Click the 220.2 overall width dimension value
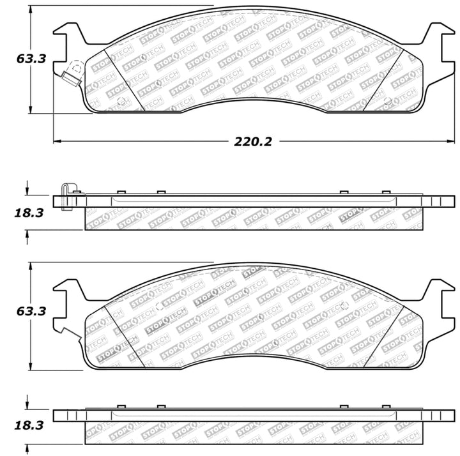(x=252, y=142)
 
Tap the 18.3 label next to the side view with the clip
(x=29, y=213)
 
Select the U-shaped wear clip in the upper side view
(x=67, y=195)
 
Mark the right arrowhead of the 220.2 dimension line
(x=450, y=141)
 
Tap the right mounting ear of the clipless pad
(x=436, y=291)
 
